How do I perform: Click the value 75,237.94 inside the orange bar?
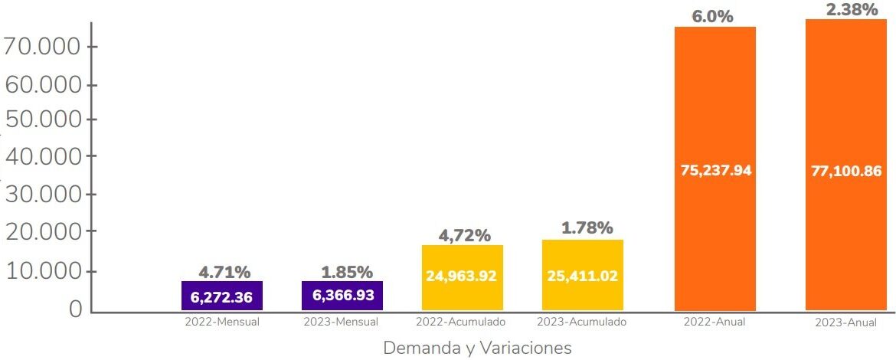coord(716,171)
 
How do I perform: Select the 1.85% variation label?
coord(347,272)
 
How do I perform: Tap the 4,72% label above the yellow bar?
coord(464,236)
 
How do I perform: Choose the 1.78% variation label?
coord(587,228)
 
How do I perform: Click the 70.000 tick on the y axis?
coord(42,47)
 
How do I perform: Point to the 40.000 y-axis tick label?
coord(42,156)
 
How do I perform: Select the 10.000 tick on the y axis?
coord(42,272)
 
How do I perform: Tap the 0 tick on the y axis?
coord(75,308)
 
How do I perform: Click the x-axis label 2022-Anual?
coord(715,322)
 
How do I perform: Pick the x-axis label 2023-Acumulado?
coord(581,322)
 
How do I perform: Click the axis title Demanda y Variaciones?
coord(477,349)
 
